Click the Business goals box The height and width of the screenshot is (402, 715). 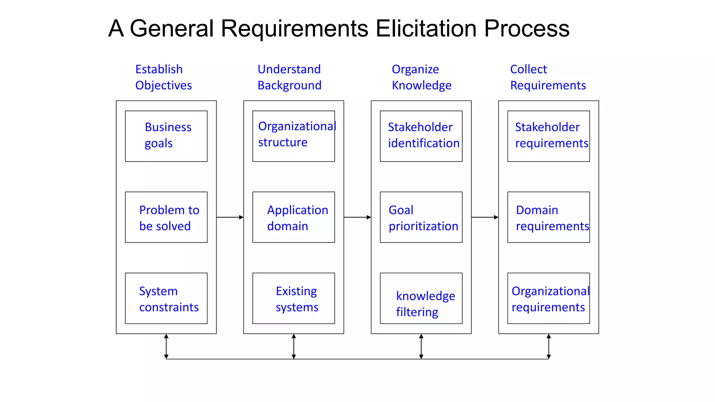click(x=166, y=136)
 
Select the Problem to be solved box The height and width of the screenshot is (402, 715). click(x=166, y=217)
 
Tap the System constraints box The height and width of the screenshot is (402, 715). click(x=166, y=298)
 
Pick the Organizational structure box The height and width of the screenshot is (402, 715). click(x=294, y=136)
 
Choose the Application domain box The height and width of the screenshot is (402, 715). click(x=294, y=217)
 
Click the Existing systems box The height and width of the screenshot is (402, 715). click(x=294, y=298)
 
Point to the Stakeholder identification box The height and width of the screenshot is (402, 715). click(x=421, y=136)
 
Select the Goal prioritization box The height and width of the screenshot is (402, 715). click(x=421, y=217)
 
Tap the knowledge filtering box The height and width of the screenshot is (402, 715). click(x=421, y=298)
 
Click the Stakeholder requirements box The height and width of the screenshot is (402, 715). click(x=548, y=136)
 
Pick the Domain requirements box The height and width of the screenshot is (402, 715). click(x=548, y=217)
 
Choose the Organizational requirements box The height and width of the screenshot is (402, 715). click(x=548, y=298)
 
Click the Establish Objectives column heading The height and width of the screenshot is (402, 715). click(x=163, y=77)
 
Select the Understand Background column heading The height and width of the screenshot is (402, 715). click(x=289, y=77)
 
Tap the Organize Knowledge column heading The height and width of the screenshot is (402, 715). click(x=421, y=77)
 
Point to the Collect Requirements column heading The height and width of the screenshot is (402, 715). click(x=548, y=77)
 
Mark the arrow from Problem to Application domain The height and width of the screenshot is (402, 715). click(x=230, y=217)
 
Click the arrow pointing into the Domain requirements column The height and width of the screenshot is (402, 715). click(x=485, y=217)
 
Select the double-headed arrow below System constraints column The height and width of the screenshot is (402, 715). click(x=166, y=346)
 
